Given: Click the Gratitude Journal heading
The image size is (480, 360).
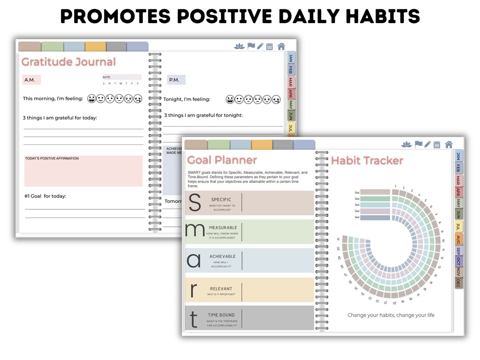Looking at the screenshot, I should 68,62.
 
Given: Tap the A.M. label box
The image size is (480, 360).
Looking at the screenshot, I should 31,80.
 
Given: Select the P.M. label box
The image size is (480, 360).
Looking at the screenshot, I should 176,80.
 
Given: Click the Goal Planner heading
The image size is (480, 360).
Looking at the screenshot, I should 221,160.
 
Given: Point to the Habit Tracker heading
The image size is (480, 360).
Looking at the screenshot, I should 367,160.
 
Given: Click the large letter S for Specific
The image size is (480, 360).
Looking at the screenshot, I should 195,203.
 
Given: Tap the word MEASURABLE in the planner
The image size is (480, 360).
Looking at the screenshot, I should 223,228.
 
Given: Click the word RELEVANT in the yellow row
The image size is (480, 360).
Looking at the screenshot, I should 221,289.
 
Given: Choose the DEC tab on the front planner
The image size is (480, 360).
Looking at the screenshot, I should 458,284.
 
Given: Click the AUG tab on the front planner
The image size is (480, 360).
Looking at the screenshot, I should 458,240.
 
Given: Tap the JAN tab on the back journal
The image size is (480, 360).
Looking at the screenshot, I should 291,58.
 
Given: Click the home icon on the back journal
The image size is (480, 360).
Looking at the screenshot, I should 281,46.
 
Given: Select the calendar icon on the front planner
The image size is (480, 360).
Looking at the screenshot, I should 437,144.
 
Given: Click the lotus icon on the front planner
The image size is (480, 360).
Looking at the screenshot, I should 406,144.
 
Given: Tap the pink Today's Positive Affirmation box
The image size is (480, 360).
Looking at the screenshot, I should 83,171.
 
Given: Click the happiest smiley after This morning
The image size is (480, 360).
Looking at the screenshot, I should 91,99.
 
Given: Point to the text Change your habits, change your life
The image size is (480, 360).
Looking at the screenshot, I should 391,315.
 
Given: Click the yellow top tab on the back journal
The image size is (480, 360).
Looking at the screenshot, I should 95,46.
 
